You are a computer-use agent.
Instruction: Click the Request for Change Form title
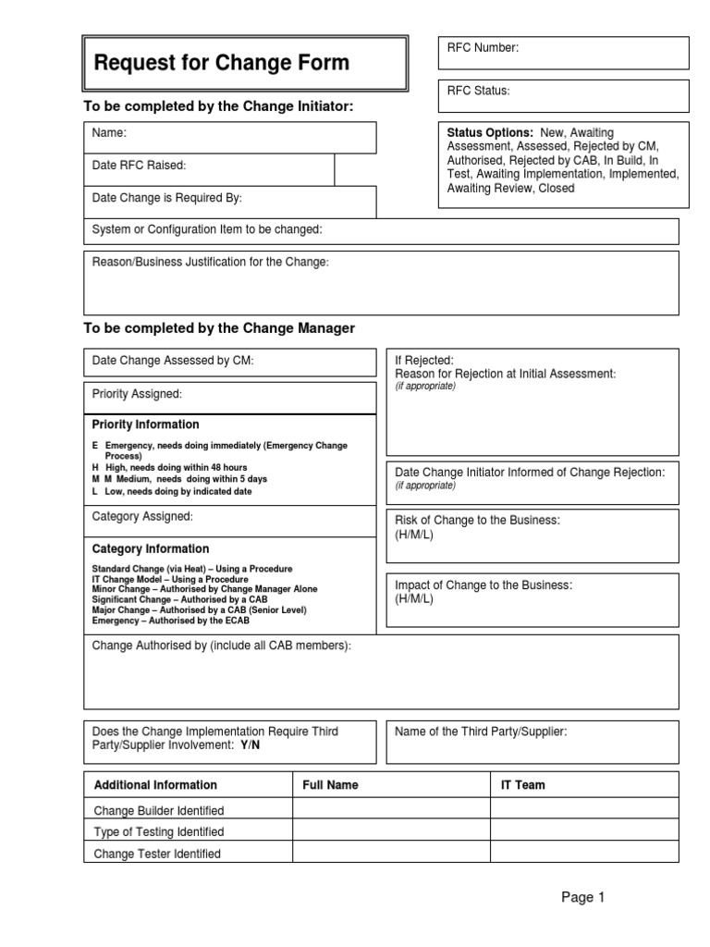coord(222,63)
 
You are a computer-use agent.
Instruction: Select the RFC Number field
coord(563,53)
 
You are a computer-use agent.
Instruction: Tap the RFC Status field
coord(563,95)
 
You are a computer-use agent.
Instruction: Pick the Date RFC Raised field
coord(208,169)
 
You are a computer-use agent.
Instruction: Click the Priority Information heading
coord(145,424)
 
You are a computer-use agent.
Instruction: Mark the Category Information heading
coord(150,548)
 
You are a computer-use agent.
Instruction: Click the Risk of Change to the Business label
coord(477,521)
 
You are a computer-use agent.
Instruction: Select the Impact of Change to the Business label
coord(483,585)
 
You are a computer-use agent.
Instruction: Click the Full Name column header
coord(330,785)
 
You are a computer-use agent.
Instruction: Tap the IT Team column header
coord(522,785)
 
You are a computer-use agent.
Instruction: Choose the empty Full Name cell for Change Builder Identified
coord(391,809)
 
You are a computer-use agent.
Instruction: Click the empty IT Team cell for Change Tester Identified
coord(583,854)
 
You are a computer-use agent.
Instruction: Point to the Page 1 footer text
coord(581,896)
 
